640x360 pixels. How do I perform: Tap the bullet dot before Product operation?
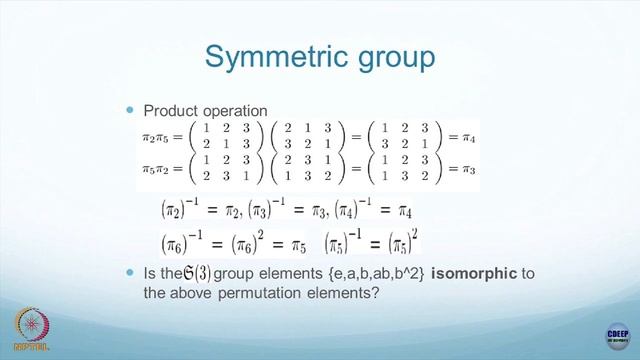pyautogui.click(x=129, y=108)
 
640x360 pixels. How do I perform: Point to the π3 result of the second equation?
pyautogui.click(x=462, y=170)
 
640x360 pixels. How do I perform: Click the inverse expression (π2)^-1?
pyautogui.click(x=183, y=210)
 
